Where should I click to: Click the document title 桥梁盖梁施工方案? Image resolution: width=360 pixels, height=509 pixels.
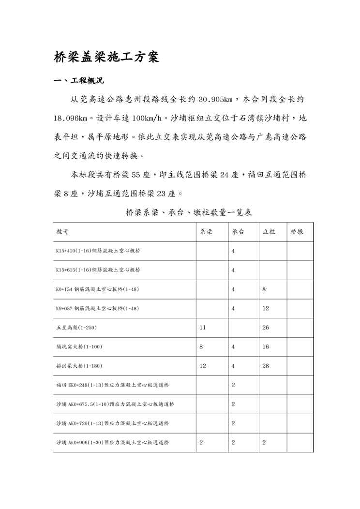click(x=105, y=57)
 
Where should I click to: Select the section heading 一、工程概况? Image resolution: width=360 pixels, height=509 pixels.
click(x=78, y=80)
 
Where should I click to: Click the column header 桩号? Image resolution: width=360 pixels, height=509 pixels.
click(x=62, y=232)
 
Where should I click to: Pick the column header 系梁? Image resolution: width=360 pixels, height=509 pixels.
click(x=206, y=232)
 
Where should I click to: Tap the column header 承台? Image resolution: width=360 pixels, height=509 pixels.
click(x=238, y=232)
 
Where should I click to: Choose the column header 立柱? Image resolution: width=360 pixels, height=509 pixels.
click(x=269, y=232)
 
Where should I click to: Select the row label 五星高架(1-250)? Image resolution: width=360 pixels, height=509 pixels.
click(x=76, y=328)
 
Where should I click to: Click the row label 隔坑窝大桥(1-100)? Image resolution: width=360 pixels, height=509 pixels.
click(x=79, y=347)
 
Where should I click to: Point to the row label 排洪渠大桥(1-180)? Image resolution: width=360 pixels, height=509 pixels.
click(x=79, y=366)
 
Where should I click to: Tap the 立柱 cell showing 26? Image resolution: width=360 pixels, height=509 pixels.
click(x=266, y=328)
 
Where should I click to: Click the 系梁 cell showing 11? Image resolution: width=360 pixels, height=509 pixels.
click(x=203, y=328)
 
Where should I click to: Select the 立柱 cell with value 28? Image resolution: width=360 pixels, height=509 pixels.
click(x=266, y=366)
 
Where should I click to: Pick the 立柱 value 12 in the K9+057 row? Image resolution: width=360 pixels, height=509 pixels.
click(x=266, y=309)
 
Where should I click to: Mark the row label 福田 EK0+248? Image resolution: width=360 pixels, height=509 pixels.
click(x=112, y=385)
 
